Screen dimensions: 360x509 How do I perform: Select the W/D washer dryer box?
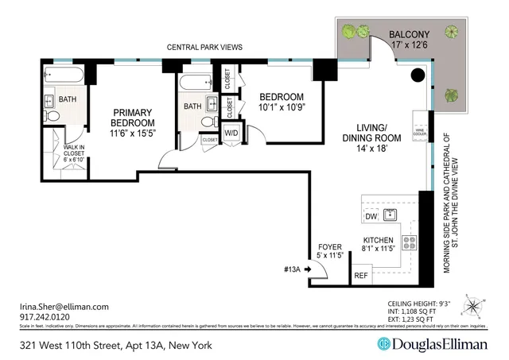tap(231, 134)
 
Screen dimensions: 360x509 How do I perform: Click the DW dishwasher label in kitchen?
tap(371, 216)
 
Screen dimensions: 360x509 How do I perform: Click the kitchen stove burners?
tap(410, 243)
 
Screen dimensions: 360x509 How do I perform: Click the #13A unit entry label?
tap(292, 270)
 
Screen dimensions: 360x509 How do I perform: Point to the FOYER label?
tap(329, 247)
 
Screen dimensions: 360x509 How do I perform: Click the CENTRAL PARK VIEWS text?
tap(204, 48)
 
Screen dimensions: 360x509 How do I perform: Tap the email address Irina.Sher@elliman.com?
tap(64, 306)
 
